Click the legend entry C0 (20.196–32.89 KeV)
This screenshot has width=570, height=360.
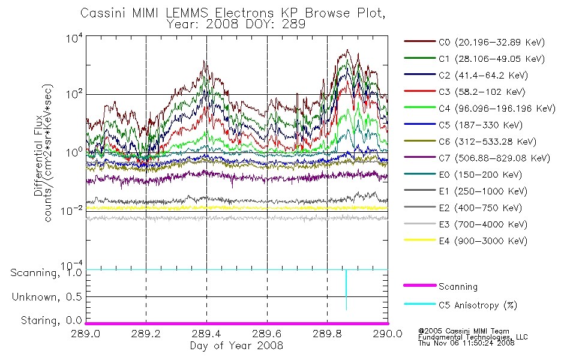point(475,42)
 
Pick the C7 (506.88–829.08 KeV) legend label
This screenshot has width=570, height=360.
point(477,158)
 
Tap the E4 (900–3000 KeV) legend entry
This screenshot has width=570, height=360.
point(466,241)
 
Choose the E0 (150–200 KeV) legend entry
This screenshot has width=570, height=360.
point(463,175)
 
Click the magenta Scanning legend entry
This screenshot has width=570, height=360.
point(440,286)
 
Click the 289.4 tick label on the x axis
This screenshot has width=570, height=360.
point(207,334)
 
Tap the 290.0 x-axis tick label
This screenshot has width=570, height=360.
point(388,334)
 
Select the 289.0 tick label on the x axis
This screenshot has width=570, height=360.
point(86,334)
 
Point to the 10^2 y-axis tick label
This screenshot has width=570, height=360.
point(74,94)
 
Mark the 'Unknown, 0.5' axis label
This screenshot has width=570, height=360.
point(47,297)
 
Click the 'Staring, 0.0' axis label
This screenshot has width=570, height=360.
point(52,320)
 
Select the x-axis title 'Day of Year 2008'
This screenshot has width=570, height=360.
point(236,346)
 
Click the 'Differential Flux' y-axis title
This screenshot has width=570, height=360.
point(38,155)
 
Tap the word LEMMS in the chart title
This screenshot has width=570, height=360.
point(187,13)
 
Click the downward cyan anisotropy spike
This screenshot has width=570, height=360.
point(346,289)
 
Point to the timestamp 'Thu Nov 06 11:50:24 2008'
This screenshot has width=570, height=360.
point(466,343)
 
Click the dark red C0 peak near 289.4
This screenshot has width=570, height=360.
point(205,62)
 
